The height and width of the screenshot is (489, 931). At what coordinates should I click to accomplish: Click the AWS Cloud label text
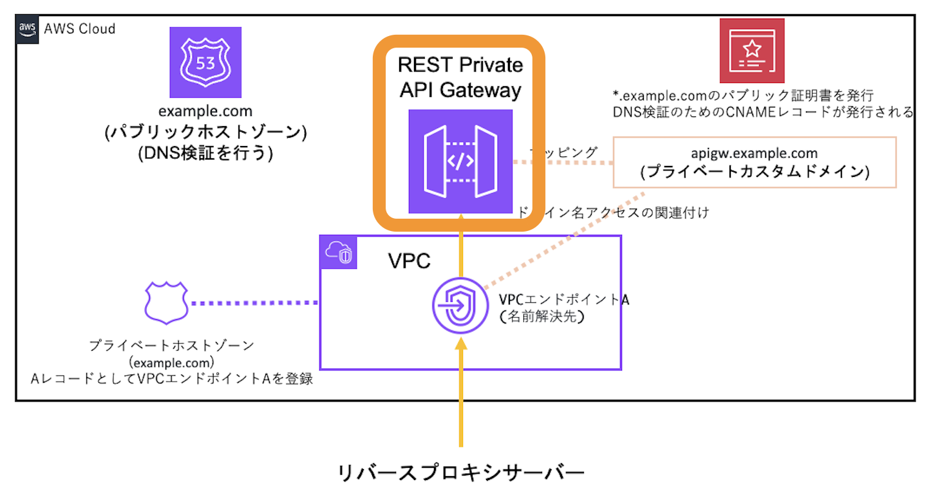[79, 29]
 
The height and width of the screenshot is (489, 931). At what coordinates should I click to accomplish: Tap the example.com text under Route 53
[205, 112]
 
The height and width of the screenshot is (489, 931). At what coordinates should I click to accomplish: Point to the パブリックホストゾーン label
[205, 133]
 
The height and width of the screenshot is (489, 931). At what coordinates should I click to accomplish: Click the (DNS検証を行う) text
[205, 154]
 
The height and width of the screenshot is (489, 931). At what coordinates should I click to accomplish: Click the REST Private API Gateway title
[460, 77]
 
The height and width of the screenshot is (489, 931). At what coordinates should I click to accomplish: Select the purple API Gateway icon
[460, 161]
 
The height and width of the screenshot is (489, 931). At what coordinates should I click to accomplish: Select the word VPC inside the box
[409, 261]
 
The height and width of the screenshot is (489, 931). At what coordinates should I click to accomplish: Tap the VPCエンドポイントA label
[563, 300]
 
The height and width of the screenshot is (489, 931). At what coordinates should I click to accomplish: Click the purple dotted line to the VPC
[255, 302]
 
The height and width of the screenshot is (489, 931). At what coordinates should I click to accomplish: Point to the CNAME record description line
[763, 113]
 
